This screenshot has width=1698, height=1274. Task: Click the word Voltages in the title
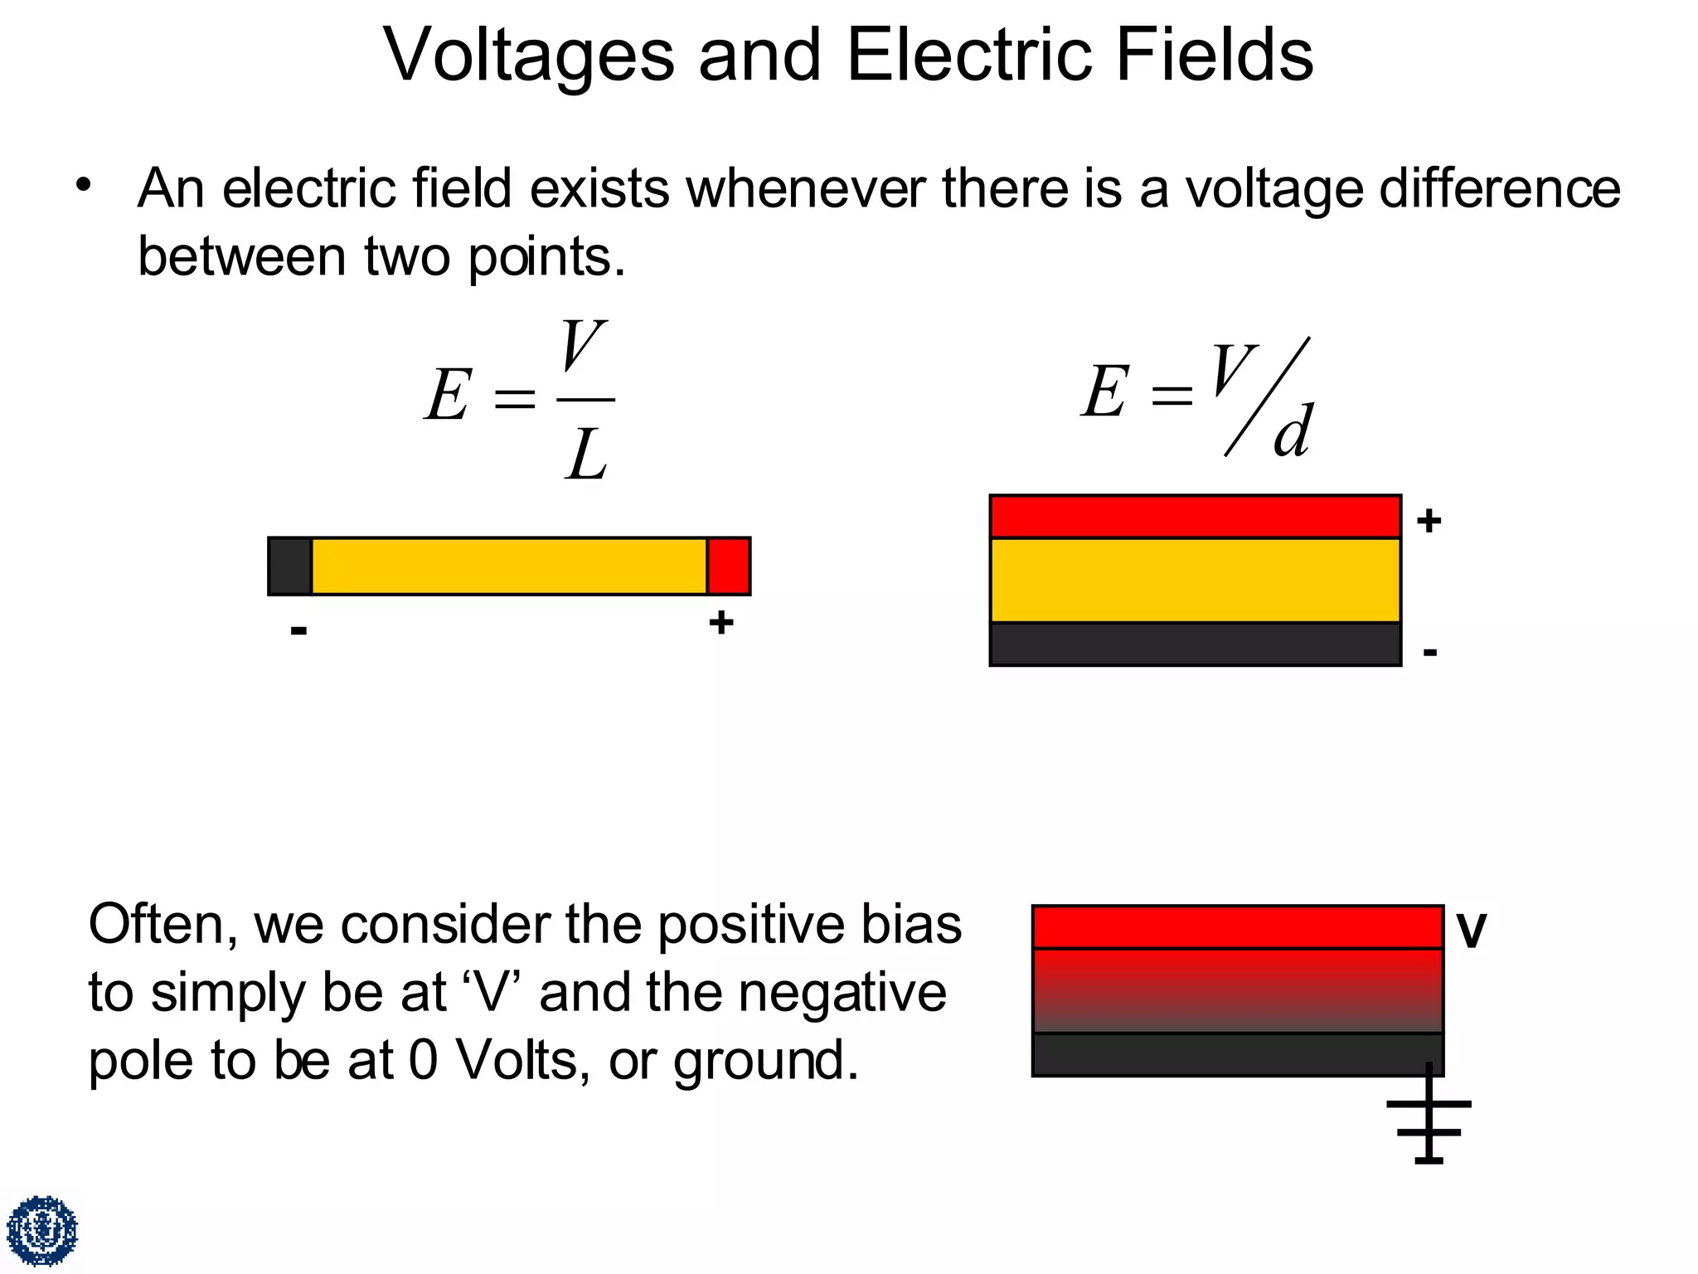click(x=529, y=56)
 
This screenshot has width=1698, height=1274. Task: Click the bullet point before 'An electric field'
click(x=82, y=185)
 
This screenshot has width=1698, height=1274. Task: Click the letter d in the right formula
click(x=1292, y=431)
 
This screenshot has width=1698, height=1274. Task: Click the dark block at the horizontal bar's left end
click(x=290, y=566)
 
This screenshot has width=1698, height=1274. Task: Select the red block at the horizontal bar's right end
click(x=729, y=566)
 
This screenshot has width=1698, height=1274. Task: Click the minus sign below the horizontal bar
click(x=299, y=630)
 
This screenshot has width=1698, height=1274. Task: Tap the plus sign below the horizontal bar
click(x=720, y=622)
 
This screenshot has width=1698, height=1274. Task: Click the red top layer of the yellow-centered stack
click(x=1195, y=517)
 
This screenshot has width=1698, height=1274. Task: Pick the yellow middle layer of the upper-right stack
click(x=1195, y=581)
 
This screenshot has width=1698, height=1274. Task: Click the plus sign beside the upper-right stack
click(x=1429, y=521)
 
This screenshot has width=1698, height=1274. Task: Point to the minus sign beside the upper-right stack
click(x=1429, y=652)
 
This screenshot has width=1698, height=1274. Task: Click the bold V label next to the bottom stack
click(x=1472, y=931)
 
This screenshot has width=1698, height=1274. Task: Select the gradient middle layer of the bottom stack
click(x=1237, y=990)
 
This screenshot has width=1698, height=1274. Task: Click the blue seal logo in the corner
click(x=42, y=1231)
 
